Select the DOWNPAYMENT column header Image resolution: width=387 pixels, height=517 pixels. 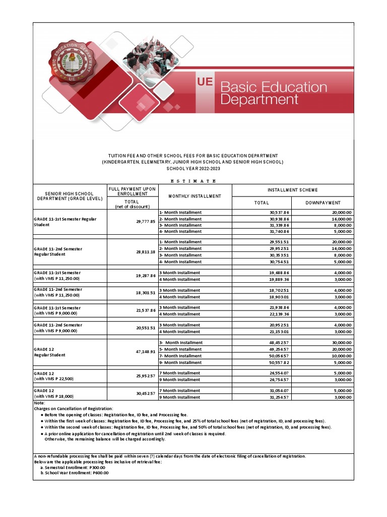(x=322, y=203)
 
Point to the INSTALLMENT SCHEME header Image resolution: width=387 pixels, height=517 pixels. (x=292, y=190)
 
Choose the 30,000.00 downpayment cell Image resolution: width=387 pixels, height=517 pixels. (x=338, y=343)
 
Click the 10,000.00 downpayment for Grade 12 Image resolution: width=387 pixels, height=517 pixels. (x=338, y=356)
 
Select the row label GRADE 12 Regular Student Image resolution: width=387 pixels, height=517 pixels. (x=50, y=352)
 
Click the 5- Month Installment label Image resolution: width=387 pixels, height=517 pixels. (x=180, y=349)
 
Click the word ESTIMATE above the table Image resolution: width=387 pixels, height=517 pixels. (x=193, y=181)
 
